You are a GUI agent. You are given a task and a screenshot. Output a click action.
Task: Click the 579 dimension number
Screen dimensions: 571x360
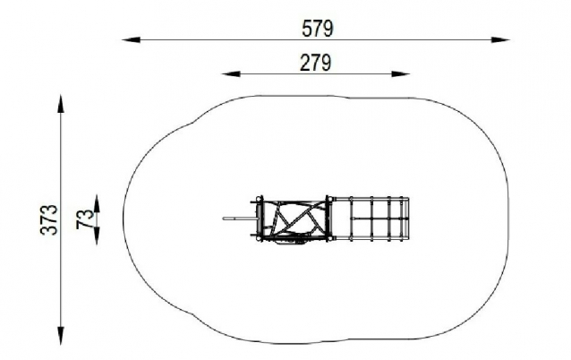point(318,29)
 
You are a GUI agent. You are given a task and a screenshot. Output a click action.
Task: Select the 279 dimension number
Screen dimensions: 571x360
point(316,63)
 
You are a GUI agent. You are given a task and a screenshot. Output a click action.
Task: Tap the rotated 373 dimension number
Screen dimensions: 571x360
point(49,219)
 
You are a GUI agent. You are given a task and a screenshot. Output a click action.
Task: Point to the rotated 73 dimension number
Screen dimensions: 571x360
point(85,219)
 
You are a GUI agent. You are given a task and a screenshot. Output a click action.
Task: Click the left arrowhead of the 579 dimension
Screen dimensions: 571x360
point(131,39)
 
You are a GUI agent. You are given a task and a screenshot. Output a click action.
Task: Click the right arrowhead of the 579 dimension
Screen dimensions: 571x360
point(500,39)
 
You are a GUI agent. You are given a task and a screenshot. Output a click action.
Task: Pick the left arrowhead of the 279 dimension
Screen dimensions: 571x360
point(231,74)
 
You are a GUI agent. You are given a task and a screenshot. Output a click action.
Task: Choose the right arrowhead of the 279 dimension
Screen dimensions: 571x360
point(401,74)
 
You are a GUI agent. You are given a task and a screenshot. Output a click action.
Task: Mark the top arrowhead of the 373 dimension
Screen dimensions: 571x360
point(61,104)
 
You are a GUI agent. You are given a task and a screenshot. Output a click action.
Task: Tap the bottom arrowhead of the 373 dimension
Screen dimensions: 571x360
point(61,336)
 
